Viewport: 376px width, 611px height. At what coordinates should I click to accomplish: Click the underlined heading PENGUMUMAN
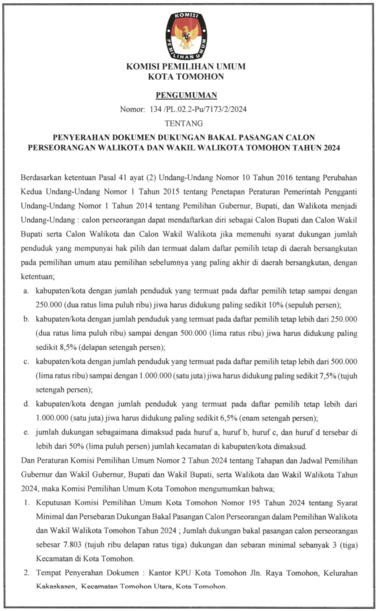[x=186, y=95]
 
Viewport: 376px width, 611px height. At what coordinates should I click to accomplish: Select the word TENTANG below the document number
[x=184, y=123]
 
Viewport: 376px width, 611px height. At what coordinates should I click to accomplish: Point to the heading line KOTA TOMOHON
[x=186, y=77]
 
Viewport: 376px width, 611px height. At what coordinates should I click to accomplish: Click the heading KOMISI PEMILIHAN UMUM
[x=186, y=67]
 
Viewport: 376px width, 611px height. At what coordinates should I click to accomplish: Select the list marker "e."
[x=26, y=432]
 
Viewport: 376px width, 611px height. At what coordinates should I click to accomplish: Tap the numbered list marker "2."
[x=27, y=573]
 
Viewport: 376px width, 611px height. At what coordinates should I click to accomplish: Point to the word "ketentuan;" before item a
[x=38, y=277]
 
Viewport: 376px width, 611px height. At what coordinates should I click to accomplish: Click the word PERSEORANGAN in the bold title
[x=62, y=148]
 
